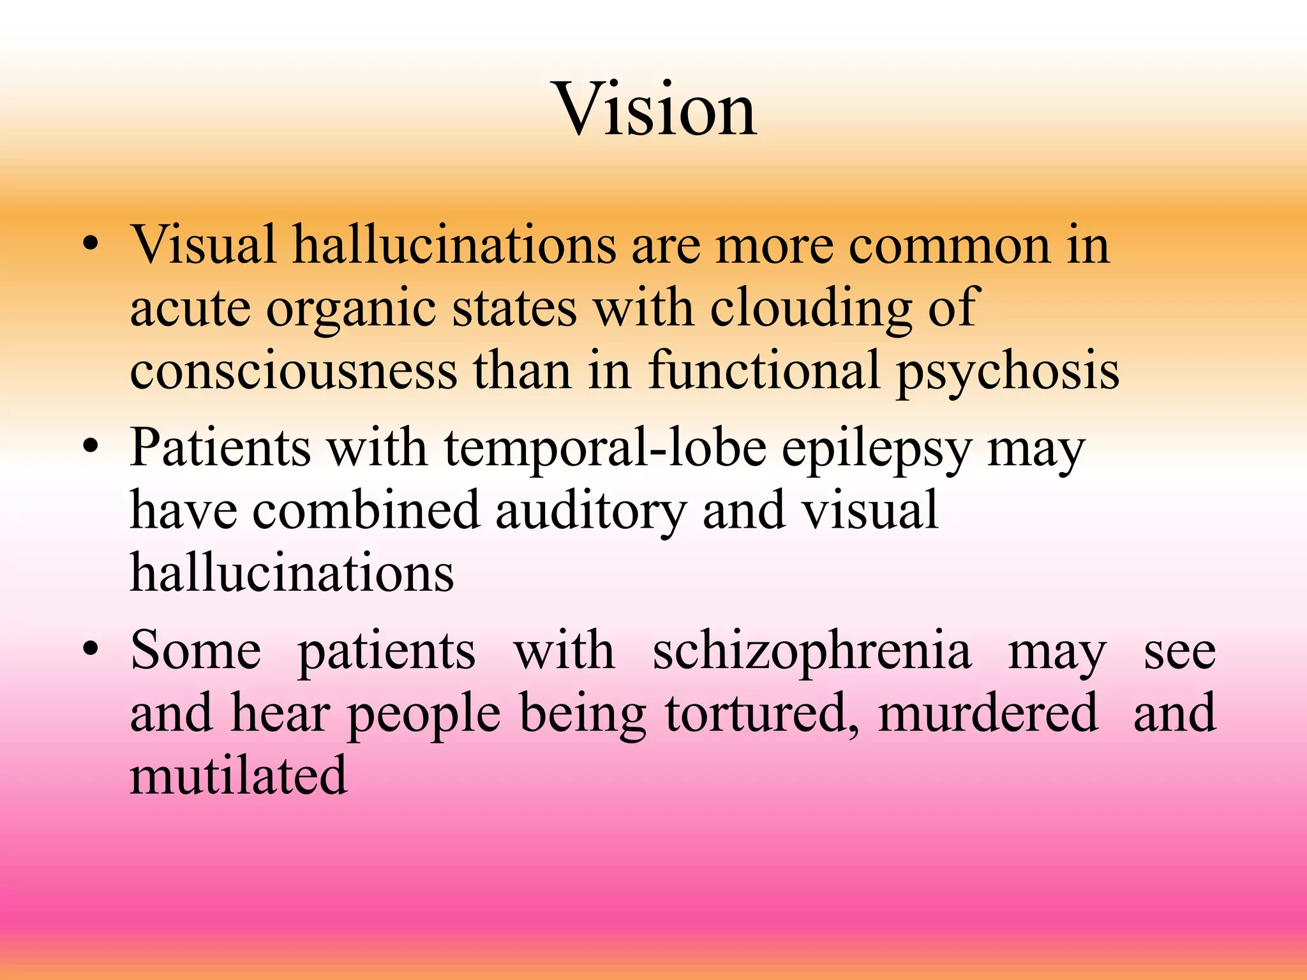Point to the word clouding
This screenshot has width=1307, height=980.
pos(810,309)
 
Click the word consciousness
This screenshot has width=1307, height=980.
pos(293,371)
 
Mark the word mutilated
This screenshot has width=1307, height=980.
pos(239,776)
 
